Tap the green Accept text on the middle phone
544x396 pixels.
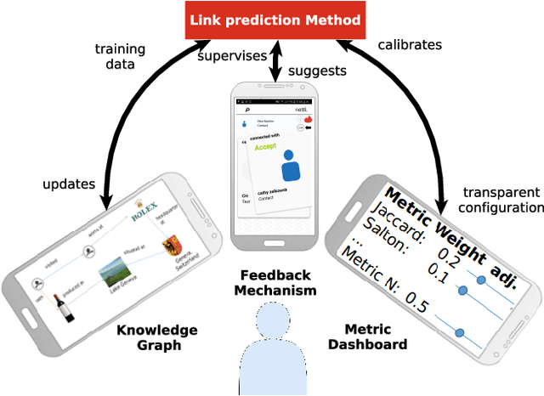coord(266,145)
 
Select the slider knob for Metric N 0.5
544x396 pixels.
coord(460,332)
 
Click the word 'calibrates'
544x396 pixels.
coord(411,44)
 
